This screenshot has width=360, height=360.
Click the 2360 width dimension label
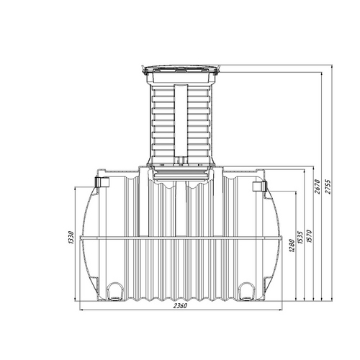pyautogui.click(x=180, y=306)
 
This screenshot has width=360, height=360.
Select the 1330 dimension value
pyautogui.click(x=71, y=238)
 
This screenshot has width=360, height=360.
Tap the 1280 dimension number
pyautogui.click(x=292, y=246)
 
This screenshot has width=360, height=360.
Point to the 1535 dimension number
pyautogui.click(x=300, y=238)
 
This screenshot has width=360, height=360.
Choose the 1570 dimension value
pyautogui.click(x=309, y=236)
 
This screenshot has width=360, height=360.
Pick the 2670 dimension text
pyautogui.click(x=318, y=186)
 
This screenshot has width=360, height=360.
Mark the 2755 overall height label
pyautogui.click(x=328, y=186)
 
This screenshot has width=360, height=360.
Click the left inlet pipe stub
pyautogui.click(x=102, y=182)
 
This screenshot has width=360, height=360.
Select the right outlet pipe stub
pyautogui.click(x=259, y=186)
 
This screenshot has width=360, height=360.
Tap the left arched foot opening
pyautogui.click(x=115, y=291)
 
